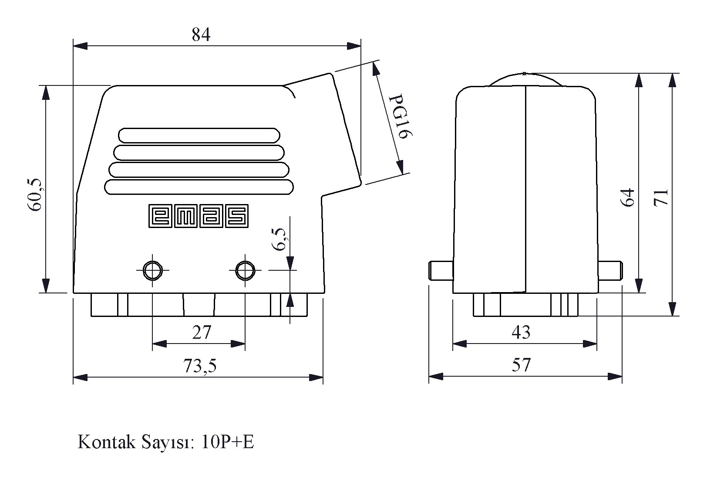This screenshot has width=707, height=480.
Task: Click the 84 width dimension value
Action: [x=201, y=34]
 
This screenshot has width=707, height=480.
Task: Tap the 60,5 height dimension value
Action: [x=34, y=195]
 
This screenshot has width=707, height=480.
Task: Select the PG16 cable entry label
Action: [x=400, y=116]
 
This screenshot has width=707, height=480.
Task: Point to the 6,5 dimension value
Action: [x=279, y=239]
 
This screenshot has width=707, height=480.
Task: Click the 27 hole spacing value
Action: [x=202, y=333]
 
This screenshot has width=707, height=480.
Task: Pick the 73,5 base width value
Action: [x=200, y=366]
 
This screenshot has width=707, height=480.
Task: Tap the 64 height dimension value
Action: [x=628, y=197]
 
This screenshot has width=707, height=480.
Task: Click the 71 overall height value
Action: [x=661, y=198]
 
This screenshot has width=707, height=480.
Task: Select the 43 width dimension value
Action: [x=521, y=332]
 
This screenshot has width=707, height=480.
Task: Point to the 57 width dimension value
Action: [x=521, y=365]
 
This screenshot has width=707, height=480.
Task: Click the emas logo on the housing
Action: [x=199, y=216]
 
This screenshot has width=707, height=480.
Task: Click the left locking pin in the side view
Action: [x=441, y=270]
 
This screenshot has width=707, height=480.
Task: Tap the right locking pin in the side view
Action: [x=610, y=270]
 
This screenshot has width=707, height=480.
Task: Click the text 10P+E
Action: [x=227, y=442]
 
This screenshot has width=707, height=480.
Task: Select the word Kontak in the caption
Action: [x=107, y=442]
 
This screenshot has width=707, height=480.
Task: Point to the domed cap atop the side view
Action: [x=525, y=75]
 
